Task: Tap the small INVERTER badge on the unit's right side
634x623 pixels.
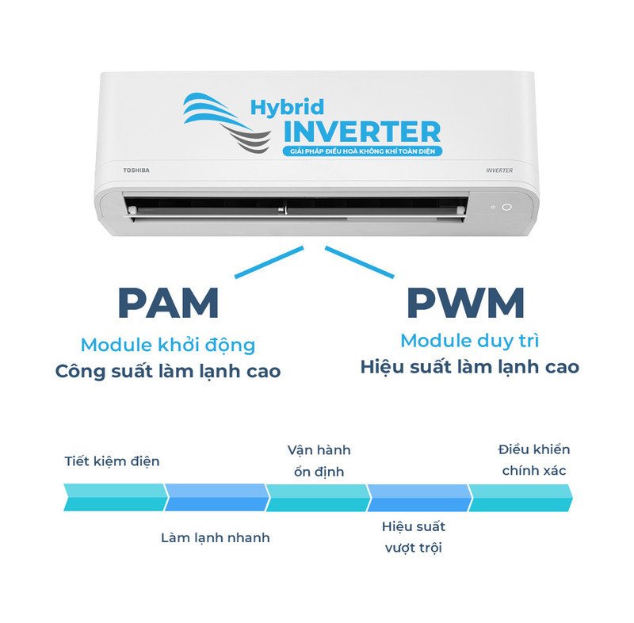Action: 499,170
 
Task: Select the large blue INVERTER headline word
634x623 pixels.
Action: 362,132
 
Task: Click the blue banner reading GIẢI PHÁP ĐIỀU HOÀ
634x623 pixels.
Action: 362,151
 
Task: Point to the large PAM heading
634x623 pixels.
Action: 168,303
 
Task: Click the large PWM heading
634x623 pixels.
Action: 466,303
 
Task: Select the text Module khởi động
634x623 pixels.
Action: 168,346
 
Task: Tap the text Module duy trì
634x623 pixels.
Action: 469,342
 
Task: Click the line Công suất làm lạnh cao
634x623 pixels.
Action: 168,371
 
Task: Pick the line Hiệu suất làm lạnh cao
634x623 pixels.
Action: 469,367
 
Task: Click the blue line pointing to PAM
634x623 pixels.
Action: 269,262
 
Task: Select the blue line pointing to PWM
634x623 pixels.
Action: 359,262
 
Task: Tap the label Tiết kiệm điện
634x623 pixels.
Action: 112,461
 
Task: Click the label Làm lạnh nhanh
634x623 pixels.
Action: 215,537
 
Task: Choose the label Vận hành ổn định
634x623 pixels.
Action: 319,461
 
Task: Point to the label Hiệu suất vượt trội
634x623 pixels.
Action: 413,537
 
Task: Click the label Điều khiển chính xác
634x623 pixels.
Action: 534,460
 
